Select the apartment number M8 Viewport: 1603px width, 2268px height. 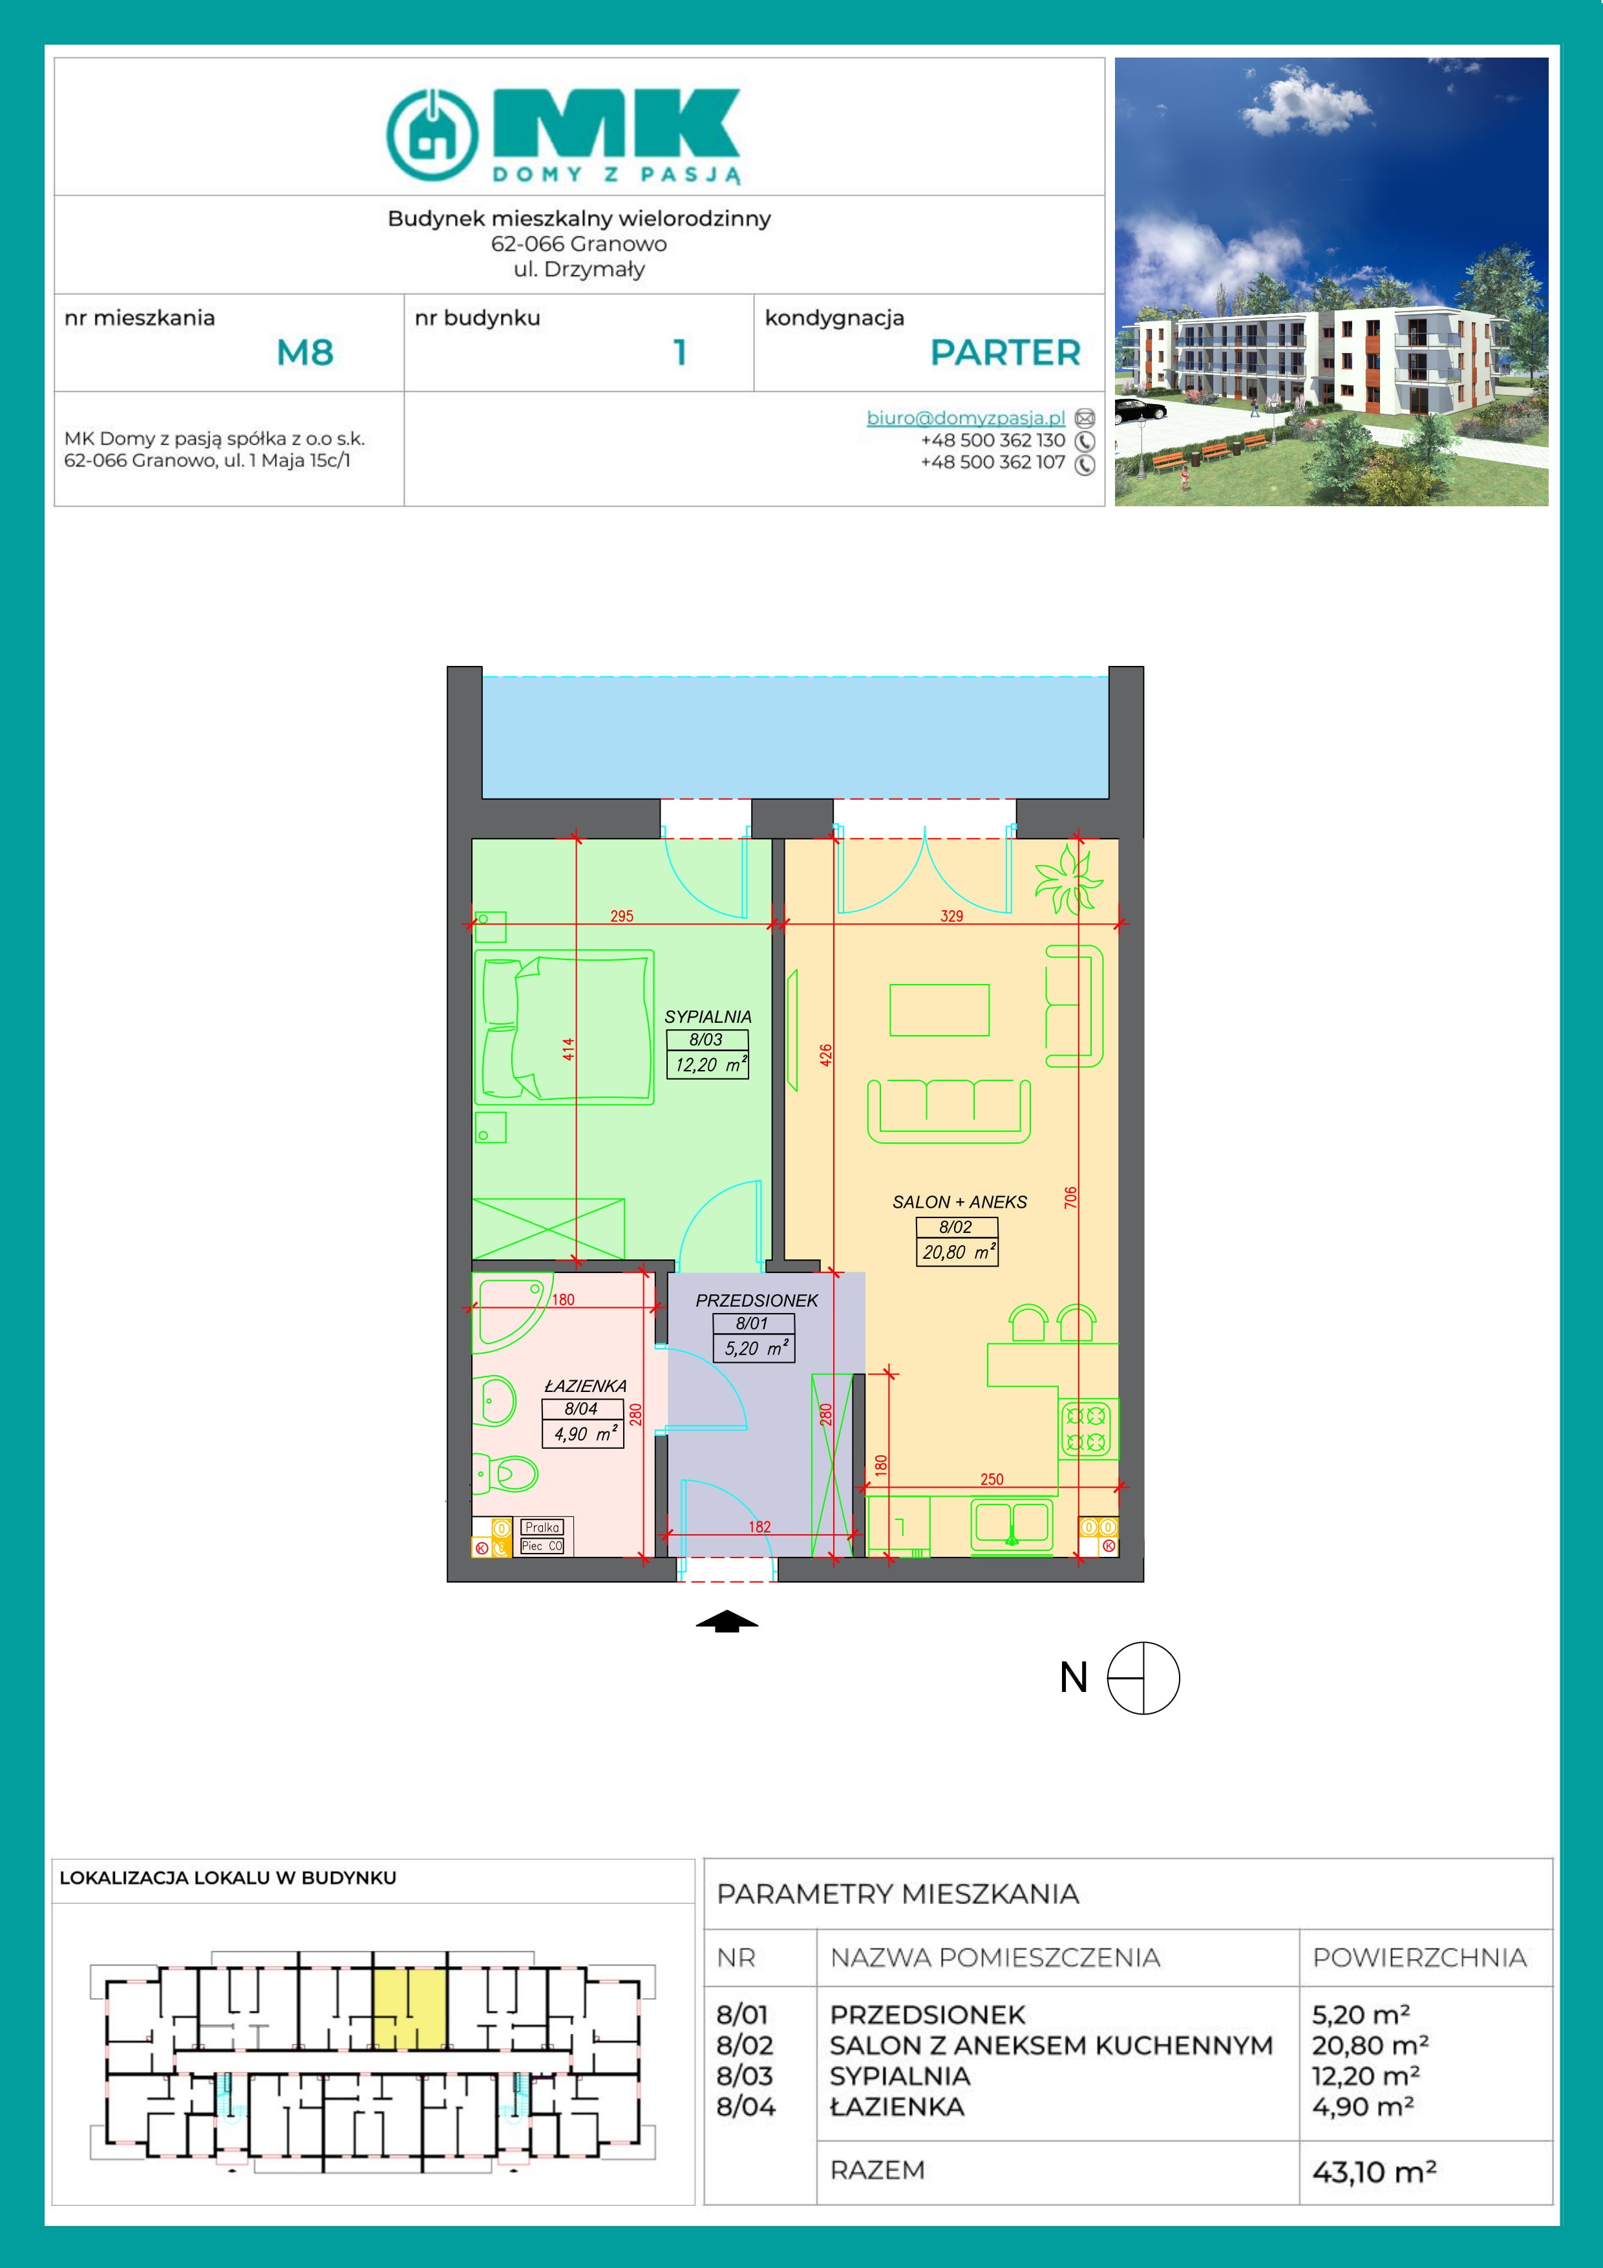click(x=305, y=352)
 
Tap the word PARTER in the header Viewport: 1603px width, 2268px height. click(x=1006, y=352)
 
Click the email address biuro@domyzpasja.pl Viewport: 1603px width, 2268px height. click(x=965, y=418)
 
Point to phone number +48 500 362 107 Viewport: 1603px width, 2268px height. click(x=993, y=462)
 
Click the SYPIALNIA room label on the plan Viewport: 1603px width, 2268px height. click(x=707, y=1016)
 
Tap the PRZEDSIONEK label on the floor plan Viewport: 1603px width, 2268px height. click(x=756, y=1301)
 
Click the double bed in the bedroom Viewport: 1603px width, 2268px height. click(x=564, y=1027)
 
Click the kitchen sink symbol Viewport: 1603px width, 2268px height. click(x=1012, y=1525)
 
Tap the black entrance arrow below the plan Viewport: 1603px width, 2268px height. click(x=727, y=1621)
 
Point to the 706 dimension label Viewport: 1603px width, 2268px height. click(x=1070, y=1197)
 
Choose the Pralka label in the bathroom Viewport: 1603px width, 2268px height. click(x=542, y=1527)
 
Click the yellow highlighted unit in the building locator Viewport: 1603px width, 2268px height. click(x=410, y=2009)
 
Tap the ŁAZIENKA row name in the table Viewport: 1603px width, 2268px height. click(x=897, y=2106)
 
